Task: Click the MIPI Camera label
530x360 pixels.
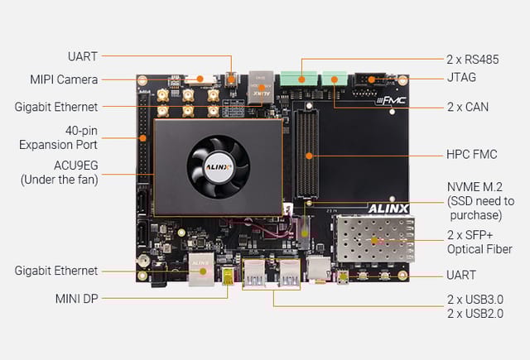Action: [x=65, y=79]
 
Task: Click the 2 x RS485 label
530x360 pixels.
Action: [x=473, y=59]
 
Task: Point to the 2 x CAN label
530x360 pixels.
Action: [x=467, y=107]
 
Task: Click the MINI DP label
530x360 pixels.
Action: [x=75, y=298]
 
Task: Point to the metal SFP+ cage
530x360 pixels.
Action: [x=373, y=241]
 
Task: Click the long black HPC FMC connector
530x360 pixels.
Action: [x=309, y=156]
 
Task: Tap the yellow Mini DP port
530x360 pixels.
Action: [x=225, y=273]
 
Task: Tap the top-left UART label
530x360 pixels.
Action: [x=82, y=56]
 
